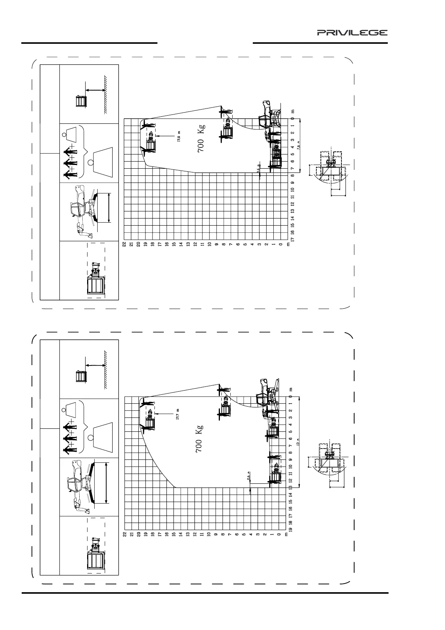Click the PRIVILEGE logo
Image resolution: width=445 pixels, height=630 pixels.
352,33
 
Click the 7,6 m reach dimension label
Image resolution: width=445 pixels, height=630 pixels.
298,145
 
